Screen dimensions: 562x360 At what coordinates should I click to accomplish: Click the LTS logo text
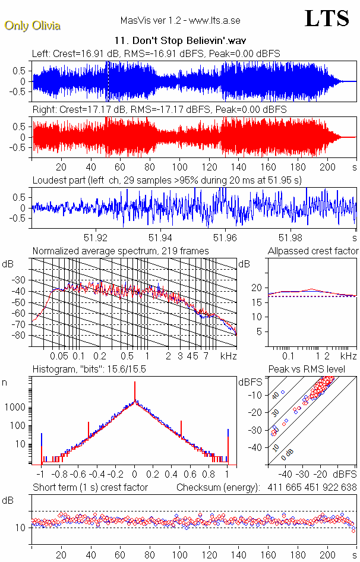point(327,18)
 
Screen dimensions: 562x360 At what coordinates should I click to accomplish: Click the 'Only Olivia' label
point(32,26)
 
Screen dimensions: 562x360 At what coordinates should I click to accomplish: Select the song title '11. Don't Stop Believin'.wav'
point(180,41)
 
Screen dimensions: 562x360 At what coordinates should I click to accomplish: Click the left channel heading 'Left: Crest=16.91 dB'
point(77,54)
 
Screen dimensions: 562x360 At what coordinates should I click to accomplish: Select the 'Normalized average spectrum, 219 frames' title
point(121,251)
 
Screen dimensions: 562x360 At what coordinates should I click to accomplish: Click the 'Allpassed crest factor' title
point(313,251)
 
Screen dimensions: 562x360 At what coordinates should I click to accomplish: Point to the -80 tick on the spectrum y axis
point(21,335)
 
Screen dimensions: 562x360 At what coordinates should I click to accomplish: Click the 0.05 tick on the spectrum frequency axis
point(59,355)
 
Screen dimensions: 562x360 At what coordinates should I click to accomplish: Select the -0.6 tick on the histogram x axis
point(78,475)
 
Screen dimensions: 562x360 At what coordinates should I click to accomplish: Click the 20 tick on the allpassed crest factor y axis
point(257,288)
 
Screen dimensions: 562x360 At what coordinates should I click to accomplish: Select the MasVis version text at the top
point(180,21)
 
